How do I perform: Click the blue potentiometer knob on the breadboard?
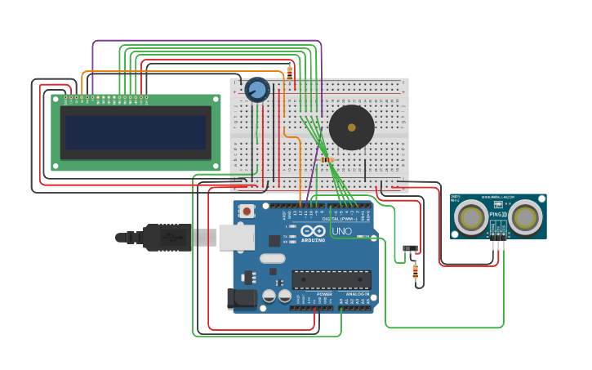coord(257,89)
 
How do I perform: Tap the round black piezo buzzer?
coord(351,127)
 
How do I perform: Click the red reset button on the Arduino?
coord(247,211)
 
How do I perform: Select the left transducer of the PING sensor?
coord(472,217)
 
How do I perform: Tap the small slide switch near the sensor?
coord(411,248)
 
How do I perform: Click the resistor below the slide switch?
coord(416,270)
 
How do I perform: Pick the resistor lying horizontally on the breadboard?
coord(327,159)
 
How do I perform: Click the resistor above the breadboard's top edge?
coord(289,73)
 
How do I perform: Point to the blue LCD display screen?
coord(136,132)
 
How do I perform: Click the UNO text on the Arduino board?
coord(341,231)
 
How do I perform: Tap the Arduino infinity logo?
coord(314,230)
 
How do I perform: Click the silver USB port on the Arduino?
coord(237,237)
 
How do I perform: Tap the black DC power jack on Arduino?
coord(242,299)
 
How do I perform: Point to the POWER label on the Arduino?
coord(313,294)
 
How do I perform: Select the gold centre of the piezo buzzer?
coord(351,127)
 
